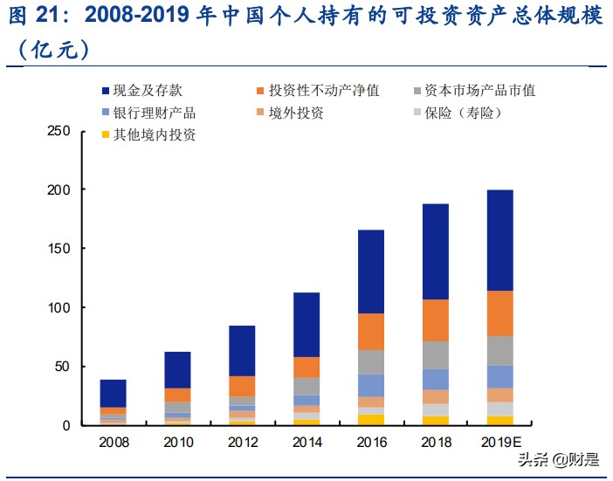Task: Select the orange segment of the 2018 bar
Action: [429, 320]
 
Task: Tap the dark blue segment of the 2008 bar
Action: [114, 394]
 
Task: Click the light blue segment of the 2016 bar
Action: [370, 385]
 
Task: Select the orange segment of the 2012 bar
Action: [242, 386]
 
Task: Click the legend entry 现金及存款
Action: [148, 90]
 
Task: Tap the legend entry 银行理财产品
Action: [148, 113]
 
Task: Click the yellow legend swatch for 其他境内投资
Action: [106, 135]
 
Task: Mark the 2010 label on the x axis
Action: [177, 443]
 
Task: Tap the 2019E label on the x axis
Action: [500, 443]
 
